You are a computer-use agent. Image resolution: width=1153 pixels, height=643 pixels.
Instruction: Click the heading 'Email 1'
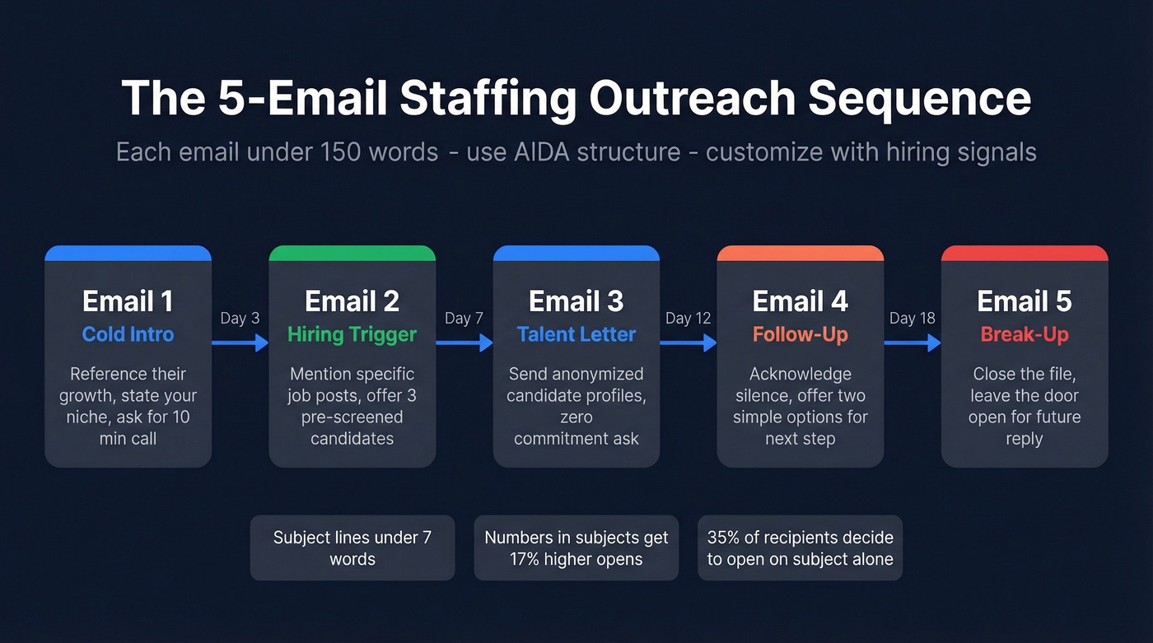[128, 301]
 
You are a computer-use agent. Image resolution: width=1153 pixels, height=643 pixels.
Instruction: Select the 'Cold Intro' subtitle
[128, 334]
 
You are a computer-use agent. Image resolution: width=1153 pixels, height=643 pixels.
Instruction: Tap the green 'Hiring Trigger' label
[352, 334]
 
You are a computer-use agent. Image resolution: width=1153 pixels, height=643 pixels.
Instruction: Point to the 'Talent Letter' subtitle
[576, 334]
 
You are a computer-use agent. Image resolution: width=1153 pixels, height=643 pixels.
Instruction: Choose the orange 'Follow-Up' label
[800, 334]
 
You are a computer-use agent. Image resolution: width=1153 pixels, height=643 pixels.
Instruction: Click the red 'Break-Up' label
[1025, 334]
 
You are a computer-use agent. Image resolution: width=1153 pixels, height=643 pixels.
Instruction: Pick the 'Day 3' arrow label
[240, 319]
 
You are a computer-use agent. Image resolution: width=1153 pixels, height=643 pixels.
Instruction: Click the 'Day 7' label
[464, 319]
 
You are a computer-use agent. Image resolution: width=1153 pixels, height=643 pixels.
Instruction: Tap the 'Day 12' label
[688, 319]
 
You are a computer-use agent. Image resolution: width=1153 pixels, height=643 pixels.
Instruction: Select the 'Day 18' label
[913, 319]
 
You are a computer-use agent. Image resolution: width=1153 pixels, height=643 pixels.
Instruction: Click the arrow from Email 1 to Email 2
[240, 342]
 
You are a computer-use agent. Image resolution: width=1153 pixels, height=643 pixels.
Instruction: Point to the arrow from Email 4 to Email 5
[913, 342]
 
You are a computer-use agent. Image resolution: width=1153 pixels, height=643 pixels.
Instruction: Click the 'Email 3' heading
[576, 301]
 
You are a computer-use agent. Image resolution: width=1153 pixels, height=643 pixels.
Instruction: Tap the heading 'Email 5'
[1025, 301]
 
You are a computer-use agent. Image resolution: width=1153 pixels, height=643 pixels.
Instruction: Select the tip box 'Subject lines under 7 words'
[352, 548]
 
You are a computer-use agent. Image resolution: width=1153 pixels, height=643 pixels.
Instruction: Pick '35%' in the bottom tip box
[722, 538]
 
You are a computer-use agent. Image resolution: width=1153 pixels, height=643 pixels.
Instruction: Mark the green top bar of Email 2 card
[352, 253]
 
